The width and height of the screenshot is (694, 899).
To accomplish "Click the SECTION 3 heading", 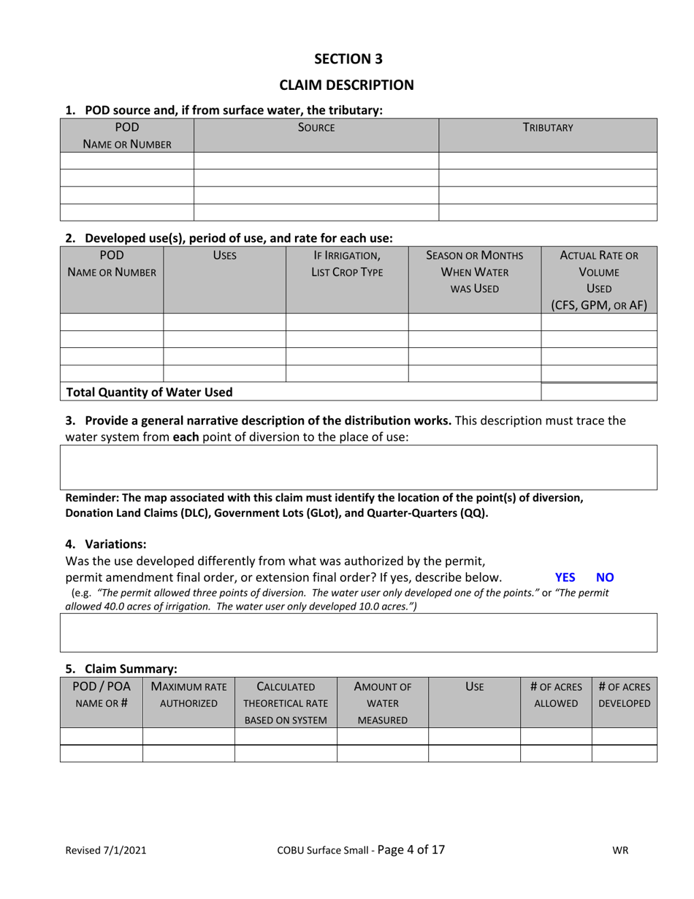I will pos(348,58).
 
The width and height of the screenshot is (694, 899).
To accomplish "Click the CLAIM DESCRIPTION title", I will pos(348,85).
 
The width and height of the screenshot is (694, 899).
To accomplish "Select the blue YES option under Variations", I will pos(565,577).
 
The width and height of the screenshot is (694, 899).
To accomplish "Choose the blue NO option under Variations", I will pos(605,577).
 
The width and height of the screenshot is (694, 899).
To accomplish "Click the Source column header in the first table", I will pos(316,128).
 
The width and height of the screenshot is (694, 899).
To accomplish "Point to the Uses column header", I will pos(224,256).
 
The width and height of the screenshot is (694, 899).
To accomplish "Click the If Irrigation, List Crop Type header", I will pos(346,264).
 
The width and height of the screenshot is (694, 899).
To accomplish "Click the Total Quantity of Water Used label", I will pos(150,392).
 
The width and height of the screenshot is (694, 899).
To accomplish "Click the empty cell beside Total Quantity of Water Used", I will pos(598,392).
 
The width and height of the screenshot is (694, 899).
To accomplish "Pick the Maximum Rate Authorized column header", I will pos(188,695).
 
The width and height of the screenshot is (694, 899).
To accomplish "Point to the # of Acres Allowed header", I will pos(555,695).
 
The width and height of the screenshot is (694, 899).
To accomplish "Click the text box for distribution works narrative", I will pos(358,467).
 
